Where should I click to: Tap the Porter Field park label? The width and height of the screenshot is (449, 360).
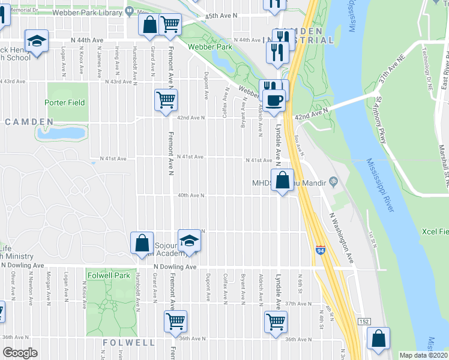(x=65, y=103)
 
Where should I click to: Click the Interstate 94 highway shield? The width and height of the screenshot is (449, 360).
(x=321, y=247)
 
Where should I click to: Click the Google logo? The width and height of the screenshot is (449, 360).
(x=20, y=353)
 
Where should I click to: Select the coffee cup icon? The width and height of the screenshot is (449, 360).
(x=275, y=99)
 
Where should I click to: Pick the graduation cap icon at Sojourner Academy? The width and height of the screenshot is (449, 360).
(x=189, y=240)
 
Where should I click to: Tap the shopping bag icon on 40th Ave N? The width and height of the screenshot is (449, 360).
(x=282, y=179)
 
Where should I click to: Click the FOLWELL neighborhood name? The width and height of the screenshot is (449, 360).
(x=129, y=342)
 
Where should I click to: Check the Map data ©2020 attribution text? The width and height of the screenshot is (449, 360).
(x=423, y=355)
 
